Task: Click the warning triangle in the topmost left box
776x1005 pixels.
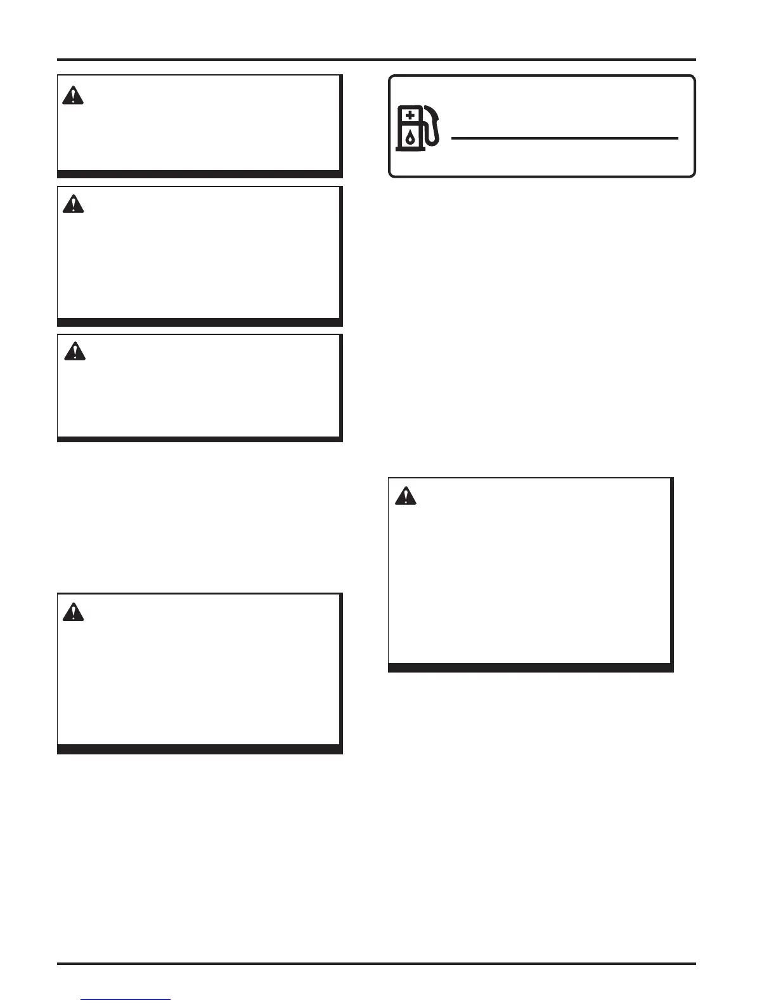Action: (x=74, y=96)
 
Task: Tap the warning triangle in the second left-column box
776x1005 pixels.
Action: (x=74, y=204)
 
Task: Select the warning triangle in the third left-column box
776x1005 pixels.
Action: (x=75, y=351)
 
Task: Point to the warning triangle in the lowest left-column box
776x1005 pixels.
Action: (x=74, y=612)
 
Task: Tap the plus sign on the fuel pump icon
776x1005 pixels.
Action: (x=410, y=115)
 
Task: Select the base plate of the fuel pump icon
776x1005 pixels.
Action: (x=410, y=150)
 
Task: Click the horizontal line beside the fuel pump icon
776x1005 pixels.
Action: (x=564, y=138)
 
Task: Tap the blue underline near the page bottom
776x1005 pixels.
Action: (x=126, y=999)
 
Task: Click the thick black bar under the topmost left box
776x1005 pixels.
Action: (x=199, y=174)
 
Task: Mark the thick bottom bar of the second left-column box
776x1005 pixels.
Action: (x=199, y=322)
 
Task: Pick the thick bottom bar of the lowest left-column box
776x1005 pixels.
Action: (x=199, y=749)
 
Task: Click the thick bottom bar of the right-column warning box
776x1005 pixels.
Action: (x=530, y=667)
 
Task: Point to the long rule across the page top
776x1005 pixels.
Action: (x=377, y=60)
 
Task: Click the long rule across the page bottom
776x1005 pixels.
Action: (x=377, y=964)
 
